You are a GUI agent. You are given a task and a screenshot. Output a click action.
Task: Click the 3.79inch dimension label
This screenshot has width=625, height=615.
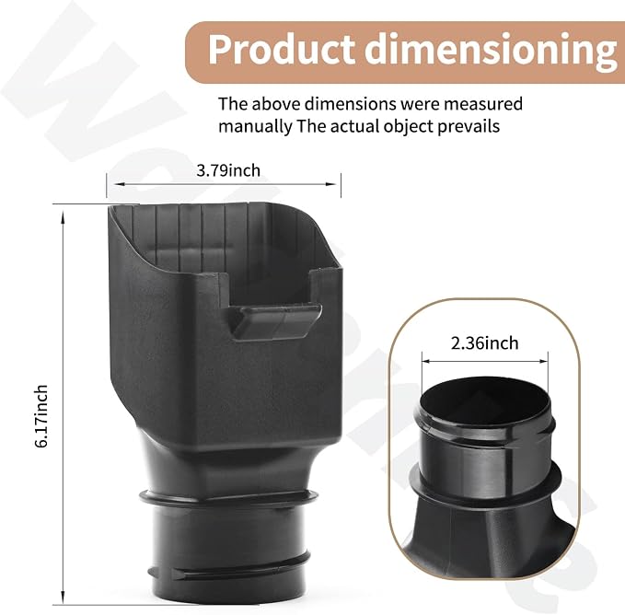pyautogui.click(x=228, y=170)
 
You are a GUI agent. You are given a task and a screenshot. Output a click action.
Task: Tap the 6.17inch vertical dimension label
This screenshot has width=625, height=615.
pyautogui.click(x=41, y=416)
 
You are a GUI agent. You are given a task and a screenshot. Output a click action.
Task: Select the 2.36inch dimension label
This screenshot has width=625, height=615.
pyautogui.click(x=485, y=343)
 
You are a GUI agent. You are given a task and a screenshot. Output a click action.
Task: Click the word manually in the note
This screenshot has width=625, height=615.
pyautogui.click(x=255, y=127)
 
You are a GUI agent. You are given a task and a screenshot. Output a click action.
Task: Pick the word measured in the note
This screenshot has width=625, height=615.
pyautogui.click(x=483, y=104)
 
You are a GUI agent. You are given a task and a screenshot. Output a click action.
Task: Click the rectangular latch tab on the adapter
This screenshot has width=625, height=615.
pyautogui.click(x=276, y=322)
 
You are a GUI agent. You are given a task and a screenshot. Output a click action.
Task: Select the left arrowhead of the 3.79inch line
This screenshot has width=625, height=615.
pyautogui.click(x=118, y=184)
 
